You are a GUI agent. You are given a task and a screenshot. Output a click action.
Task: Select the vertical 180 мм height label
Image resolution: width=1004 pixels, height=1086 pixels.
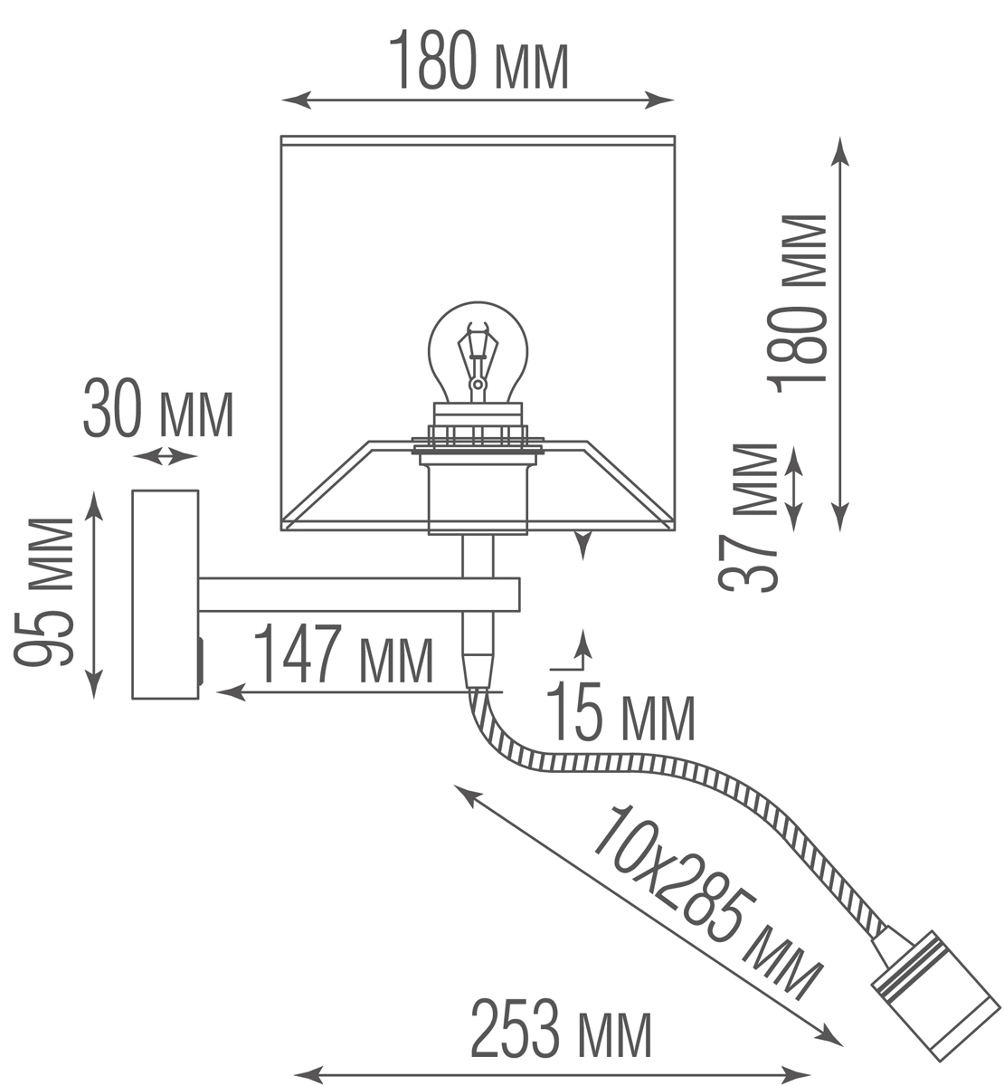click(x=798, y=300)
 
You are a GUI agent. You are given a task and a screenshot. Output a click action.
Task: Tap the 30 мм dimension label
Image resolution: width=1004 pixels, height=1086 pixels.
click(x=158, y=413)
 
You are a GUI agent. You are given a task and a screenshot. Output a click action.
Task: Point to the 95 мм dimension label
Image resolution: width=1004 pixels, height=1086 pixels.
click(x=44, y=593)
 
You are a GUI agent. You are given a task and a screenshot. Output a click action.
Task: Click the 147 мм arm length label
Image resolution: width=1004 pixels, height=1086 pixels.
click(x=343, y=656)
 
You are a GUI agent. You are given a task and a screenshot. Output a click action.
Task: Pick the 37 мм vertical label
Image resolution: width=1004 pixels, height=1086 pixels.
click(x=751, y=516)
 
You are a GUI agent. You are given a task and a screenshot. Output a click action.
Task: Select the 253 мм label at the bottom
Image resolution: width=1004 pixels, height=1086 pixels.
click(x=560, y=1031)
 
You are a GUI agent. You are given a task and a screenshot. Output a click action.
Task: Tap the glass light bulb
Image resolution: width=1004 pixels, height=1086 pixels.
click(x=476, y=353)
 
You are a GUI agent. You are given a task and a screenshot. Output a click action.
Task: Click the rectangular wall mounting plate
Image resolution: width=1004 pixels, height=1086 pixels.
click(x=165, y=594)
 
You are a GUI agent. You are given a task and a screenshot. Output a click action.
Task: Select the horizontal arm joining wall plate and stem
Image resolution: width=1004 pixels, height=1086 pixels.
click(x=358, y=594)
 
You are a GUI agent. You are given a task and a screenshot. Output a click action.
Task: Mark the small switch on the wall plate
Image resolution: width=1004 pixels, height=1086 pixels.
click(x=201, y=662)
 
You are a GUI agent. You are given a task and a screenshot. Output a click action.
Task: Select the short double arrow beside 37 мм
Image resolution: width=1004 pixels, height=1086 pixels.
click(x=794, y=489)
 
